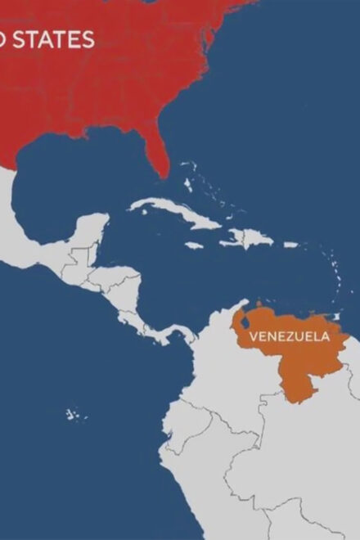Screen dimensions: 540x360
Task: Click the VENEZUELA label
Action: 289,335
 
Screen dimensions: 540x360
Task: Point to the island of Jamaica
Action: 193,245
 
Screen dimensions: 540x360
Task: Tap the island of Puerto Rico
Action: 290,244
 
